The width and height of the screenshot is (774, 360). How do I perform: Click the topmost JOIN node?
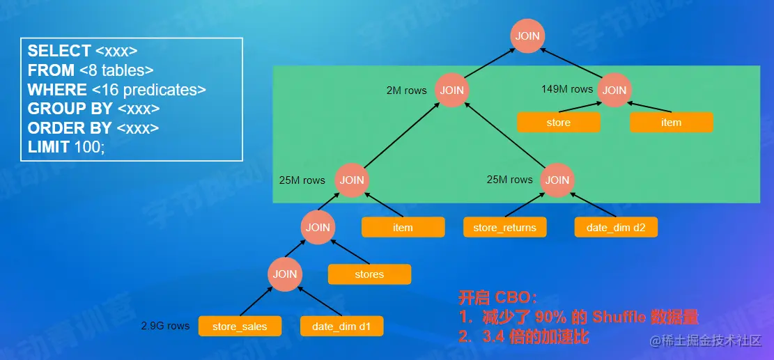coord(527,36)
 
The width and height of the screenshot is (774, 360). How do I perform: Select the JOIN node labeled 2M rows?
coord(452,90)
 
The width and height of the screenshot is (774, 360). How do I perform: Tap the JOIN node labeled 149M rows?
coord(614,90)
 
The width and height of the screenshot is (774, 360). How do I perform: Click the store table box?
coord(559,123)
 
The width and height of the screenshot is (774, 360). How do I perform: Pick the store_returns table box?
coord(505,227)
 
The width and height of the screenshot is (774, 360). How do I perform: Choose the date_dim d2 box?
coord(616,227)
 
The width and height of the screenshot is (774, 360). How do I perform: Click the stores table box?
coord(369,274)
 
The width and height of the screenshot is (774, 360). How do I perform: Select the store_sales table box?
coord(240,326)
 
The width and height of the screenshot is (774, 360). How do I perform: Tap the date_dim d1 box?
coord(341,326)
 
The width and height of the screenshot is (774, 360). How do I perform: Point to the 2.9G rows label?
coord(165,326)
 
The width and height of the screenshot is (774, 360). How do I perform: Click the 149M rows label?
coord(567,89)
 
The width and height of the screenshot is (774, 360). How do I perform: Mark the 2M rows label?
coord(406,91)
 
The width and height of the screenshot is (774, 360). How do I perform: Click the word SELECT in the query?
coord(59,51)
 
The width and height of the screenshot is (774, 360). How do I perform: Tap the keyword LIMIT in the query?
coord(48,148)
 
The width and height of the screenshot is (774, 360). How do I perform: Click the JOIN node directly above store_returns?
coord(557,180)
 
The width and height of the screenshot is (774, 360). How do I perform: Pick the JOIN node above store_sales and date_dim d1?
coord(285,274)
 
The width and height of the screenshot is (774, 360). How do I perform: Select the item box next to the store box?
coord(671,123)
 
